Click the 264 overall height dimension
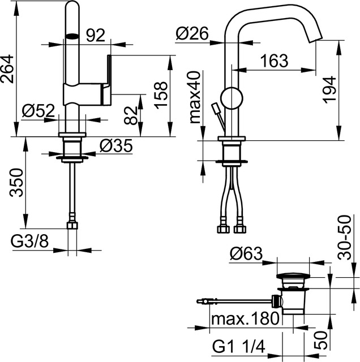tap(7, 69)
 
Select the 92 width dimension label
tap(96, 35)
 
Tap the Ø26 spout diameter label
tap(192, 33)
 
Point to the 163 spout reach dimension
tap(275, 61)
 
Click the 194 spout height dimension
tap(329, 89)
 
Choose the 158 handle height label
tap(161, 95)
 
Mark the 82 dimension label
tap(131, 115)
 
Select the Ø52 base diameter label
tap(38, 110)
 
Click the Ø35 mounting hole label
tap(116, 146)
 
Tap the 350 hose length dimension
tap(16, 183)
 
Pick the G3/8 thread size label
tap(30, 242)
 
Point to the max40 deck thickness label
tap(195, 97)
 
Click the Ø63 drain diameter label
tap(246, 253)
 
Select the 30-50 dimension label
tap(344, 238)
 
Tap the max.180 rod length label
tap(246, 319)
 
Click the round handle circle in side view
tap(232, 98)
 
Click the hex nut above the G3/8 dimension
tap(72, 225)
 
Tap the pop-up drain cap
tap(293, 276)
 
